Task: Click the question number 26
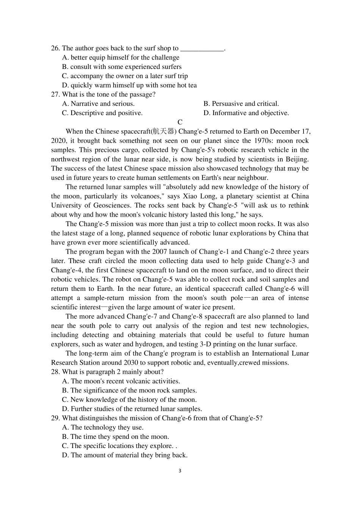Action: [55, 48]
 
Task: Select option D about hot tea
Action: [129, 85]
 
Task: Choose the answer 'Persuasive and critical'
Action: [241, 104]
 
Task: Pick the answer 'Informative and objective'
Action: [246, 113]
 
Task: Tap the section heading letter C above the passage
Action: [180, 122]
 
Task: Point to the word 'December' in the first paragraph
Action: [281, 131]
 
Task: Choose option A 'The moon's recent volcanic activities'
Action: [121, 381]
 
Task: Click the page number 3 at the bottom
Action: [180, 471]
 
